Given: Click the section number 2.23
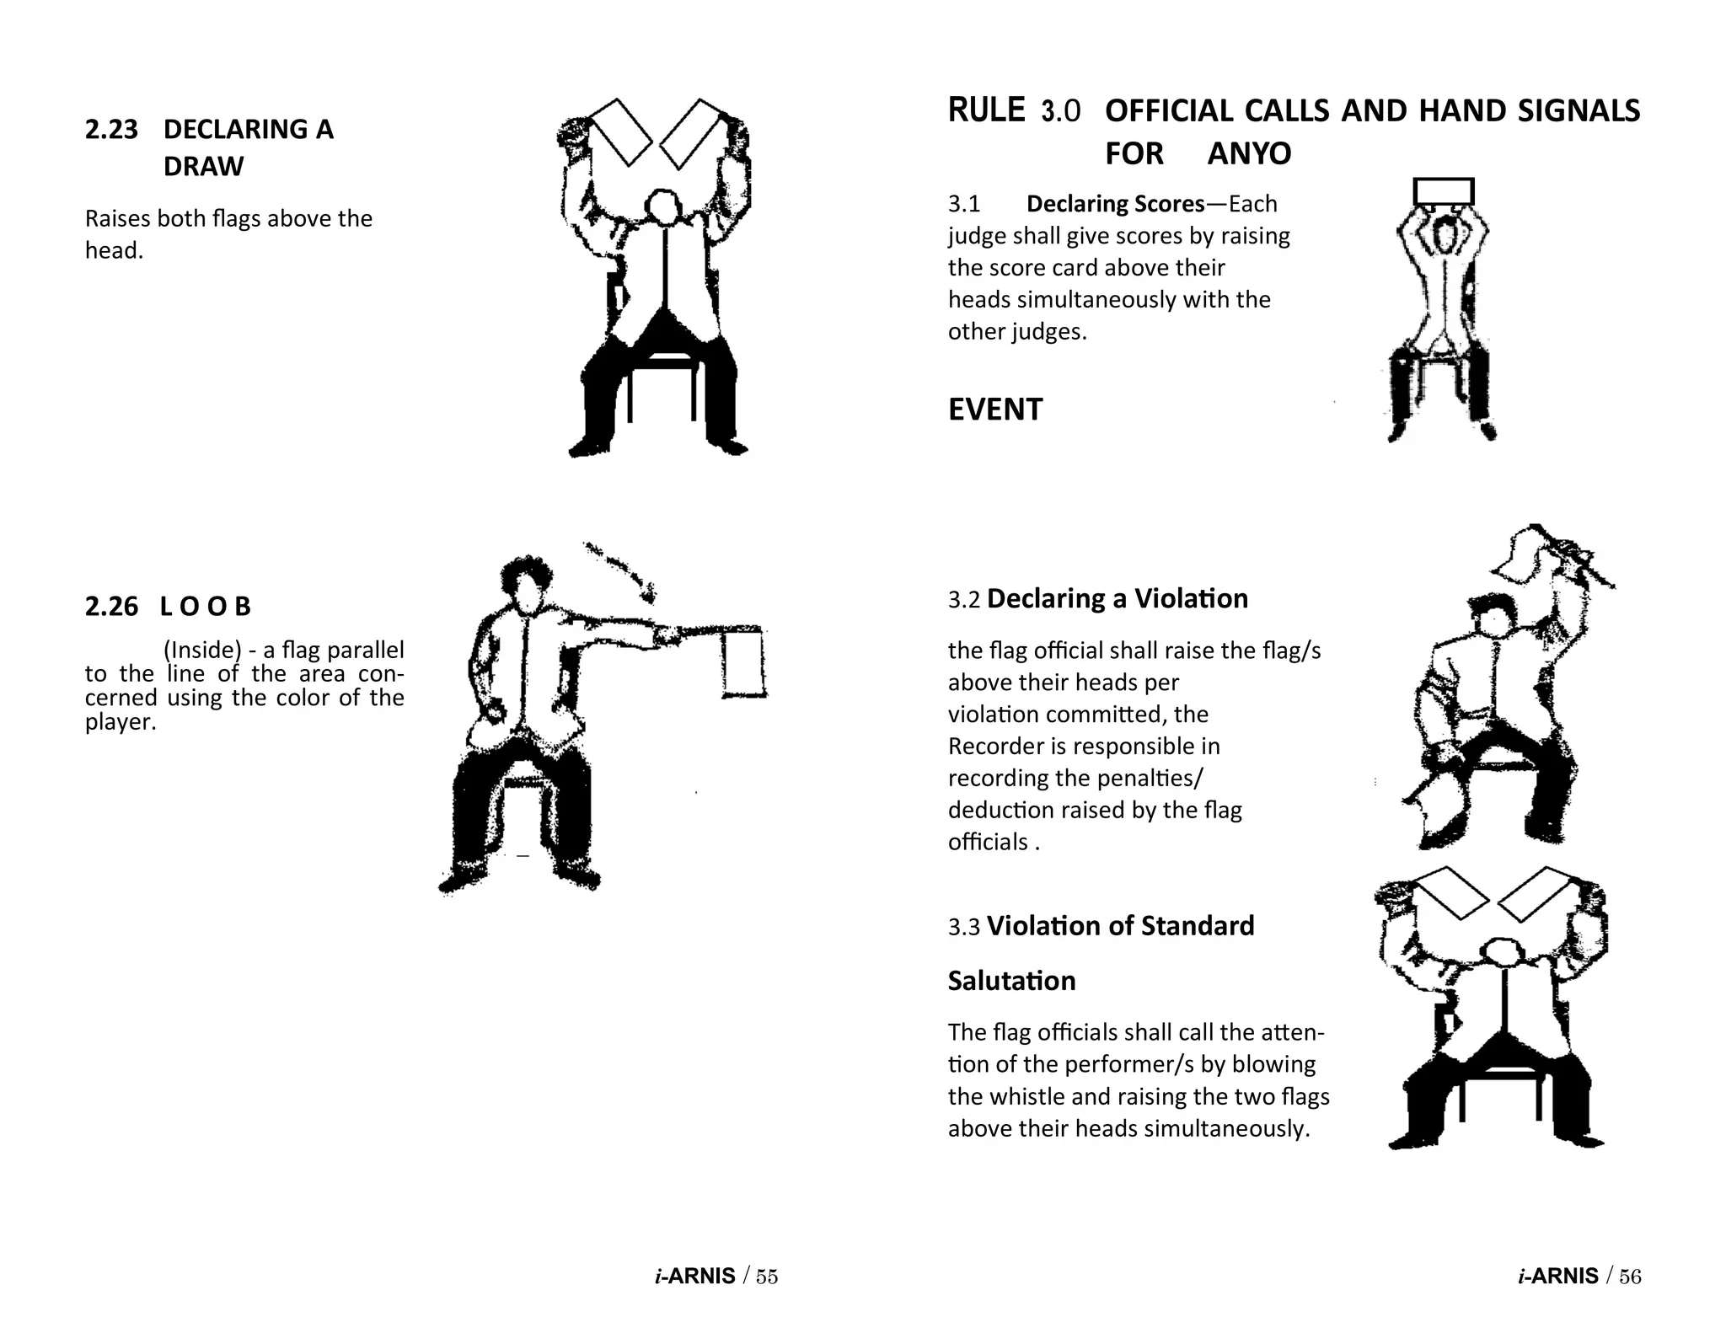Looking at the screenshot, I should coord(110,130).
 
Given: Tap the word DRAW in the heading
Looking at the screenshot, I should coord(203,167).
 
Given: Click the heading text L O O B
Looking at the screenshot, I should coord(206,607).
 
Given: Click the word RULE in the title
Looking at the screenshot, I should coord(986,111).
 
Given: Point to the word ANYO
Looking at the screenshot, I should coord(1249,154).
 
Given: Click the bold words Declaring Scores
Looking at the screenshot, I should coord(1115,204).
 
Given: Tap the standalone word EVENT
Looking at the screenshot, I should coord(994,410).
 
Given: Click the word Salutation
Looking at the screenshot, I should coord(1011,981).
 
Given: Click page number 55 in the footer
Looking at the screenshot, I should coord(766,1277).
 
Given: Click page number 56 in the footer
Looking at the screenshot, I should coord(1630,1277).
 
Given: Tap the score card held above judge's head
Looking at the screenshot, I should coord(1443,192).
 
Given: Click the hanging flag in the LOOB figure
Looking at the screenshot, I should coord(743,663).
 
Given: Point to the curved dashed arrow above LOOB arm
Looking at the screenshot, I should coord(624,569).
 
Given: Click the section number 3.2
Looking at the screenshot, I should coord(964,600).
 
